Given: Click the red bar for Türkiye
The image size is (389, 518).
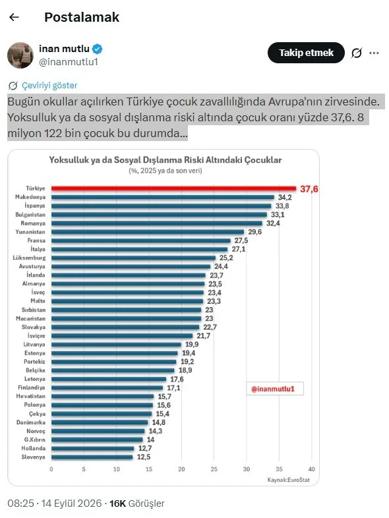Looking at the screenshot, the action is point(173,188).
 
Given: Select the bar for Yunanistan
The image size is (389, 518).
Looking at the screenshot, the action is point(148,232).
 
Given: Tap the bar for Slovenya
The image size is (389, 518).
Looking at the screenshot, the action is point(92,457).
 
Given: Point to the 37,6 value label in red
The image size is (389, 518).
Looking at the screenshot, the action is point(309,189).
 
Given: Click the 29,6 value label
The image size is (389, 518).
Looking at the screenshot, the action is point(254,232).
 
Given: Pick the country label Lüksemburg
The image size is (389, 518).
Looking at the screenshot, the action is point(30,258).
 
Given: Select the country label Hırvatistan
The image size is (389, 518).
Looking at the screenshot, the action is point(31,396).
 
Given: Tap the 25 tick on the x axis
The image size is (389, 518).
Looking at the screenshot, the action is point(214,469).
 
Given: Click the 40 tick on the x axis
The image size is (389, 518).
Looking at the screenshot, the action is point(311,469).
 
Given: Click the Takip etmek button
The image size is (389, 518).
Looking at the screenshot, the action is point(306,53).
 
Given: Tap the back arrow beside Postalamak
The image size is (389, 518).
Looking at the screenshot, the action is point(15,17).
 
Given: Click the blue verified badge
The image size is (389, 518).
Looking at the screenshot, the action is point(97,49).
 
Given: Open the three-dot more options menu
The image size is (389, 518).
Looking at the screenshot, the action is point(374,53).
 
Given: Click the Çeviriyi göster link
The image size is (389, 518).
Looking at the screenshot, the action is point(49,86).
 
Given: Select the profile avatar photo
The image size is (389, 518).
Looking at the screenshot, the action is point(20,55).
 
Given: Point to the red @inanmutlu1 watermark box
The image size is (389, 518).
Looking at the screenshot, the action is point(275,389).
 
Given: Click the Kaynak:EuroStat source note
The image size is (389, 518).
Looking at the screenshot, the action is point(289,480).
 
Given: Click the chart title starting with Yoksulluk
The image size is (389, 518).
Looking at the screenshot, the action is point(165,160).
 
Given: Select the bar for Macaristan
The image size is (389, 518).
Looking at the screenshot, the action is point(126,318).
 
